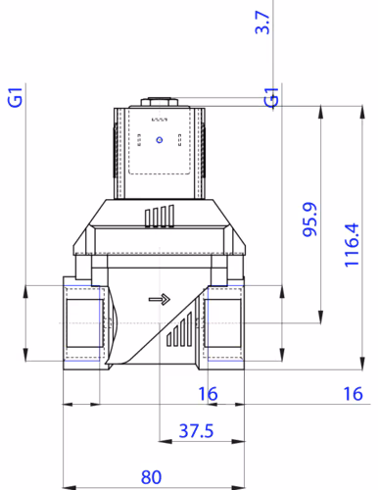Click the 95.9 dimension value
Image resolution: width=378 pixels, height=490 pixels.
tap(309, 220)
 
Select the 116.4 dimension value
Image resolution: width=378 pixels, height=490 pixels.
tap(352, 245)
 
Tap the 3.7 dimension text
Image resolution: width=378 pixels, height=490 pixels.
tap(262, 23)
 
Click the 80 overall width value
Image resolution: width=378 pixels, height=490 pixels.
tap(151, 477)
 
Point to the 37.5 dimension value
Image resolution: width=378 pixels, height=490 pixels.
tap(196, 430)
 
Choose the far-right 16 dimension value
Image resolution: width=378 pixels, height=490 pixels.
tap(353, 394)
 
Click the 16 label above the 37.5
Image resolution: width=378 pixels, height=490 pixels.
tap(208, 394)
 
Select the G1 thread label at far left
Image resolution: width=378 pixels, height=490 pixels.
tap(15, 97)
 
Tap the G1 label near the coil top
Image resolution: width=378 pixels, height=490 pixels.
tap(271, 97)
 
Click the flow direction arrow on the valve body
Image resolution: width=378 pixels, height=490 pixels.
tap(160, 299)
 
